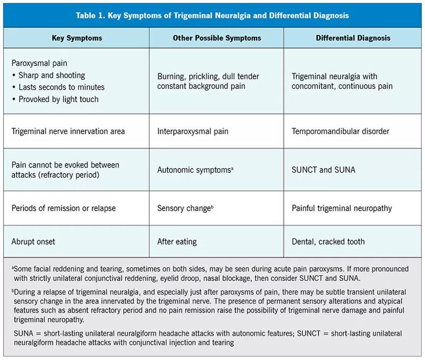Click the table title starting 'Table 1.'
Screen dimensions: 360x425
tap(212, 16)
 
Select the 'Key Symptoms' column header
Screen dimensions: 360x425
tap(77, 38)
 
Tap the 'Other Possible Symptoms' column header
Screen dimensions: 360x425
tap(217, 38)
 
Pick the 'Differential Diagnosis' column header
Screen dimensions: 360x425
tap(353, 38)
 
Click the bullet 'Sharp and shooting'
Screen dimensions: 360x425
tap(52, 75)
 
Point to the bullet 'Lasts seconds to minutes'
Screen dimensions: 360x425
tap(62, 87)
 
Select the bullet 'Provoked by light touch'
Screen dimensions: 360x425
tap(59, 99)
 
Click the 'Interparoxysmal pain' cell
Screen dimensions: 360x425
tap(192, 131)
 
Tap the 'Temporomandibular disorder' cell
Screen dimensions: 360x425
tap(340, 131)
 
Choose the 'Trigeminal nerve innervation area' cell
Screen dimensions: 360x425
tap(68, 131)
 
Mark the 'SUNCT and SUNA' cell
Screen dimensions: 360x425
tap(323, 170)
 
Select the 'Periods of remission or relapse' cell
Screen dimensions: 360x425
tap(63, 208)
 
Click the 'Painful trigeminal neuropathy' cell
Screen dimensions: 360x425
tap(342, 208)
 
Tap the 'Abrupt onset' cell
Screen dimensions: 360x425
tap(34, 241)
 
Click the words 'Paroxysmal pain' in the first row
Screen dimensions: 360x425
tap(40, 63)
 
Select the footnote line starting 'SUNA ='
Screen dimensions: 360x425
tap(212, 338)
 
